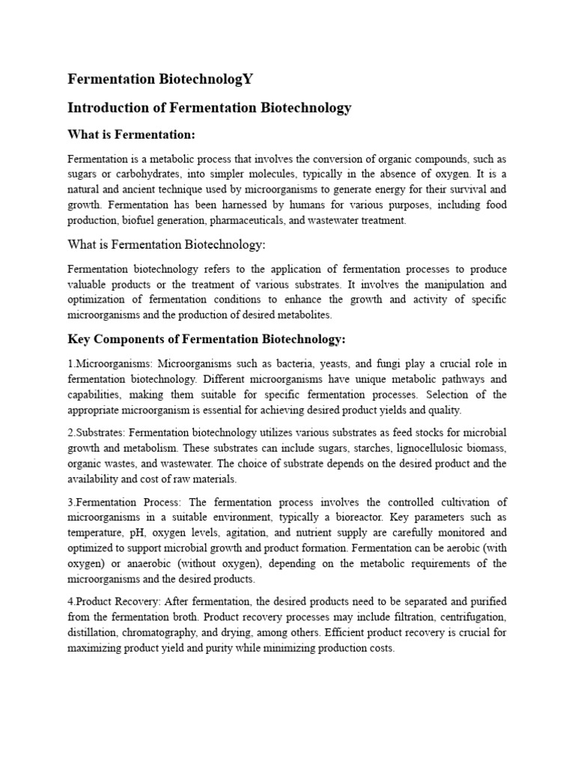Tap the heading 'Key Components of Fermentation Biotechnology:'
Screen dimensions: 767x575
point(207,339)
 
